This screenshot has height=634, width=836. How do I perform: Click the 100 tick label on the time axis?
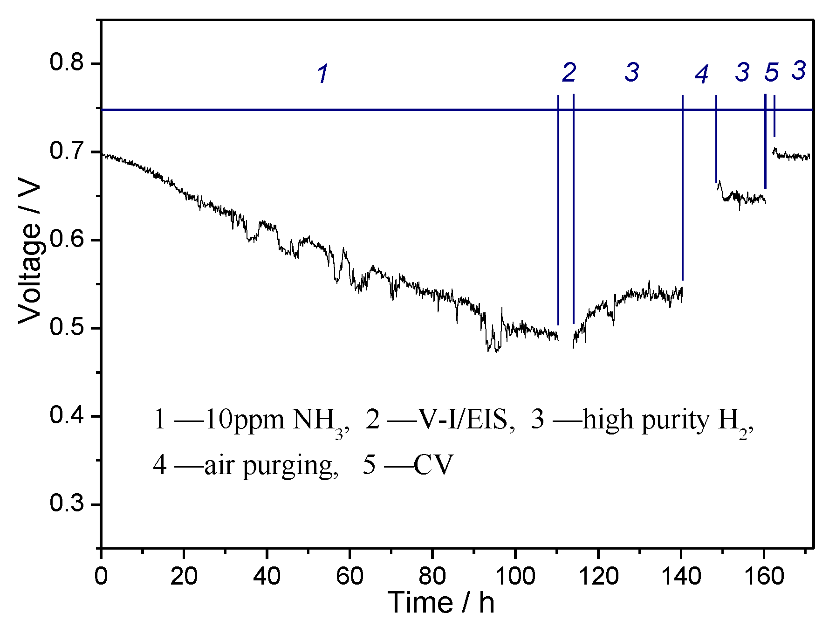(515, 576)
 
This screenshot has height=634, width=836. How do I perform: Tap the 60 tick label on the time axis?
(349, 576)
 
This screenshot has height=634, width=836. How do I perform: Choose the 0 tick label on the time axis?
(101, 576)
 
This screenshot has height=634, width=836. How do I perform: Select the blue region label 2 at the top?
(569, 73)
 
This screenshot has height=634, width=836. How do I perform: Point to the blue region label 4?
(701, 75)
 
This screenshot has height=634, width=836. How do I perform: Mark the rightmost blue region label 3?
(799, 71)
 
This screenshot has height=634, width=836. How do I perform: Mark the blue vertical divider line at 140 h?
(682, 186)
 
